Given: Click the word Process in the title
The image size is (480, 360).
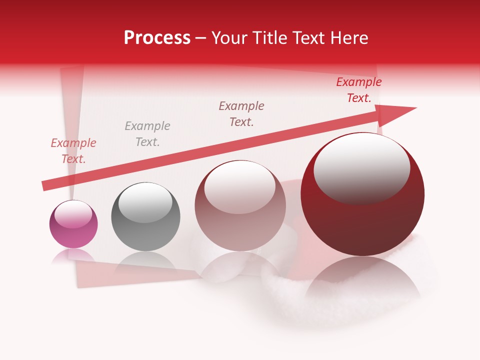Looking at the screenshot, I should pyautogui.click(x=157, y=38).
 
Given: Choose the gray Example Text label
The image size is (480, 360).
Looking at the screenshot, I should pyautogui.click(x=147, y=134).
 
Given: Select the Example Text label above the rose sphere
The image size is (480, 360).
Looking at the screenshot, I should pyautogui.click(x=241, y=114).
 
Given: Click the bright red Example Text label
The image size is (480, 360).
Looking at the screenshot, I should pyautogui.click(x=359, y=90).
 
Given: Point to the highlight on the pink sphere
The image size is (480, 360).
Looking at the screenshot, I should pyautogui.click(x=73, y=214).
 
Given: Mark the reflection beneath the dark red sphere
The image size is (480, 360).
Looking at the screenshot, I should pyautogui.click(x=362, y=280).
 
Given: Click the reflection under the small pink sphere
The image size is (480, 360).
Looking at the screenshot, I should pyautogui.click(x=73, y=256).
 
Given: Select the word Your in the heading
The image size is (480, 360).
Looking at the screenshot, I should pyautogui.click(x=231, y=38).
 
